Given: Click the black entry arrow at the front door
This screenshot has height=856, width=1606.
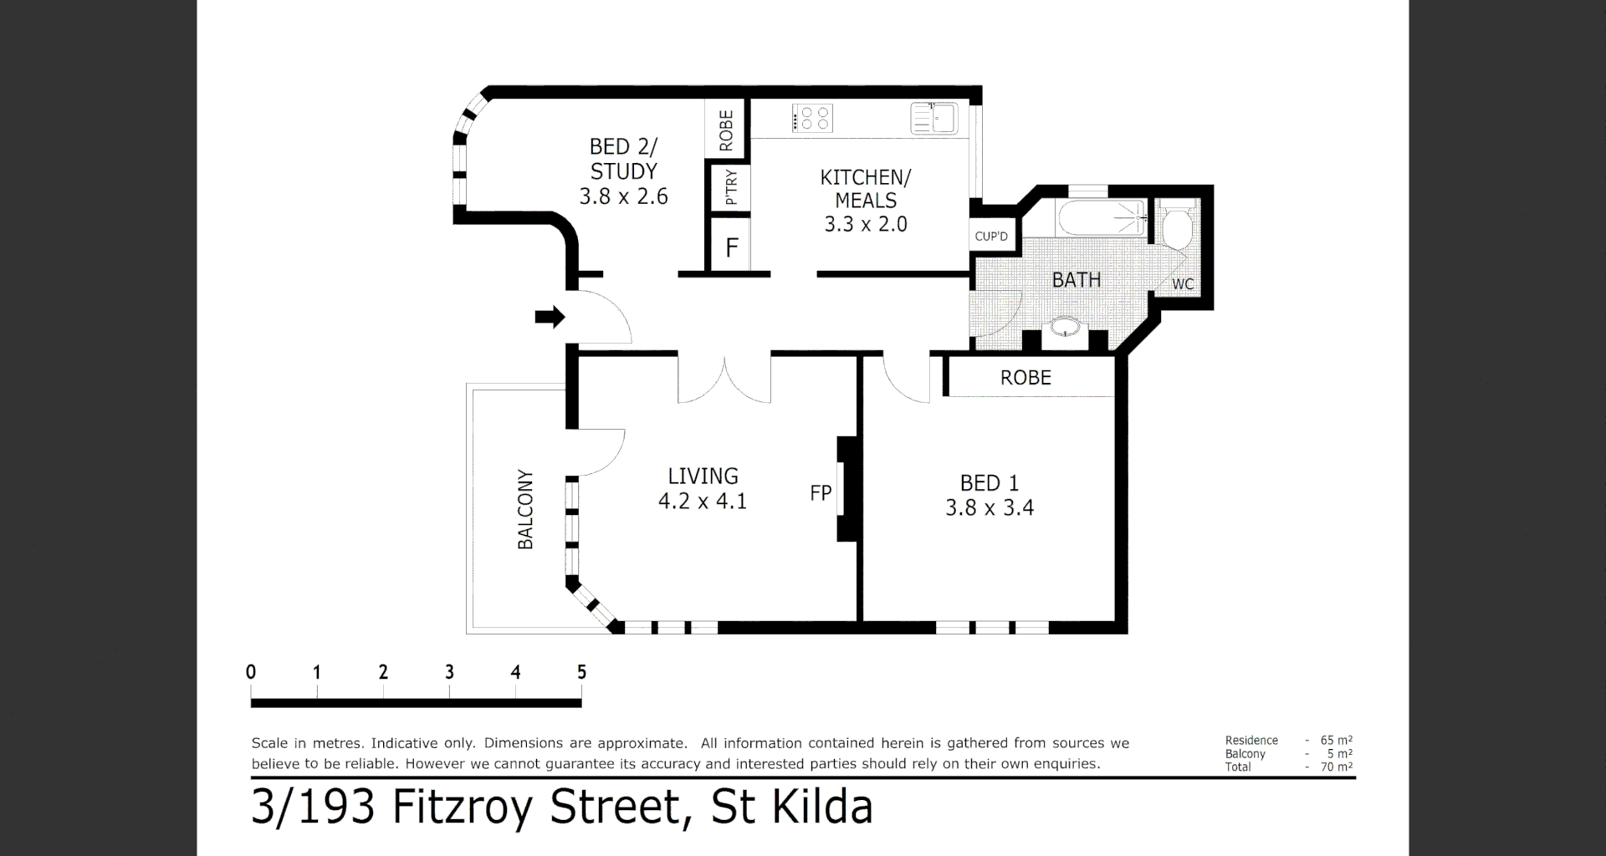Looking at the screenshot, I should (550, 317).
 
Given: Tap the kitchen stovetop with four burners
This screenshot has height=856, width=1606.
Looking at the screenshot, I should (812, 118).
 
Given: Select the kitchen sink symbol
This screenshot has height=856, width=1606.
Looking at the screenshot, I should (934, 119).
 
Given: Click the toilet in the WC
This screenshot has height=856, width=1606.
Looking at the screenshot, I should (1178, 228).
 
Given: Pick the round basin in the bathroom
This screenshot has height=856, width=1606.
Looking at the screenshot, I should (1065, 327).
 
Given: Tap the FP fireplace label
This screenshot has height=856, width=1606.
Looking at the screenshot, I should (821, 493).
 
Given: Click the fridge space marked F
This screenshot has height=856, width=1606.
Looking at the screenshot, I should (732, 247).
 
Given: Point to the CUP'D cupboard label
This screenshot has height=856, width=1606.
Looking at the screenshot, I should (991, 237).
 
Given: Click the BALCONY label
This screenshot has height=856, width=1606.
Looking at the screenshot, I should (525, 509).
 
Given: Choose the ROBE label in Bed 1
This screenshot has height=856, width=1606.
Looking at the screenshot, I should (1025, 378).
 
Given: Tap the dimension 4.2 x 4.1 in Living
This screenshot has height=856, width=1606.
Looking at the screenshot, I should (703, 502).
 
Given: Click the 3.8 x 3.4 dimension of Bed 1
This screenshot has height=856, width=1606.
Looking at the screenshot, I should (990, 508).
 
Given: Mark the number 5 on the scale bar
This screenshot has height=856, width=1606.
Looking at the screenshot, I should (581, 672).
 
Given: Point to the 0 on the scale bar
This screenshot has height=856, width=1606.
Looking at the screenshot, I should (251, 672).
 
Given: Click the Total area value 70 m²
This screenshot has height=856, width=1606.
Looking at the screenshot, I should (1336, 767).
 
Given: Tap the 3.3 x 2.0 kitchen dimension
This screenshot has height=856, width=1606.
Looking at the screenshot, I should (866, 224).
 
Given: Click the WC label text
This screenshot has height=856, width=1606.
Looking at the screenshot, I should (1183, 284).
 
